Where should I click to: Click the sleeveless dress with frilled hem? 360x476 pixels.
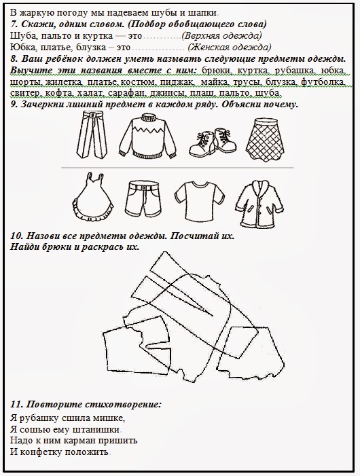point(89,195)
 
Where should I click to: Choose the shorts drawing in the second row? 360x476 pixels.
point(143,197)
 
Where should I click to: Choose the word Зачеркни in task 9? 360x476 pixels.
point(45,104)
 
